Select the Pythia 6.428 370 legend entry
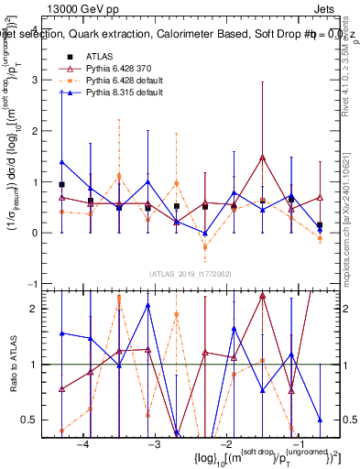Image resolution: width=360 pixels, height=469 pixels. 113,70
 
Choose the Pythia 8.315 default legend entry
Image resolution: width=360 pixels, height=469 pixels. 115,93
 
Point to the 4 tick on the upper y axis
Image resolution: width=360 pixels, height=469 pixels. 44,29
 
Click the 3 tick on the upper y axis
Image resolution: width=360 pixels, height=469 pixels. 44,81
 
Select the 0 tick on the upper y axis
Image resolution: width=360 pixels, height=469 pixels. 44,234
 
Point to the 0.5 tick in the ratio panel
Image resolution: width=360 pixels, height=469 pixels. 39,420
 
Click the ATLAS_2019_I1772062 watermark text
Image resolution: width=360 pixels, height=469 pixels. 190,273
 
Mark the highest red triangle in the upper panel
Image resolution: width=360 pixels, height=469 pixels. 263,158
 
